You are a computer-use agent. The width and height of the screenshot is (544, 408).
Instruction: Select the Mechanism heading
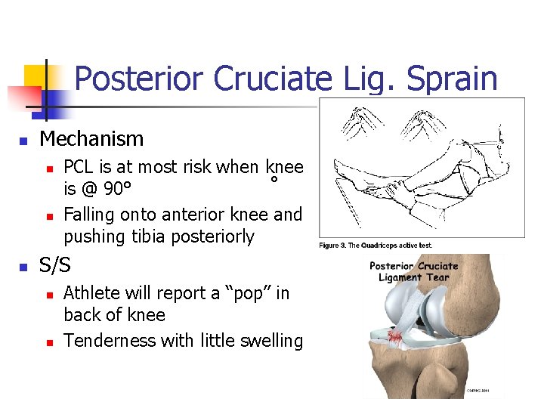pos(91,139)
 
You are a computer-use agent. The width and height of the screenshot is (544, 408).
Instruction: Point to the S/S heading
pos(54,265)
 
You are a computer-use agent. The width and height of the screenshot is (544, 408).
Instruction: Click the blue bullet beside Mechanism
pos(23,141)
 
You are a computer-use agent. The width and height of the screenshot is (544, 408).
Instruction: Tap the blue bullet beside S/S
pos(23,267)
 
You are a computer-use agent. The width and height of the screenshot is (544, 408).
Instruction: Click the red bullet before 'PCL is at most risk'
pos(48,168)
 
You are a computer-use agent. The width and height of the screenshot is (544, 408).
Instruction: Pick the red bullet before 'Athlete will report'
pos(48,295)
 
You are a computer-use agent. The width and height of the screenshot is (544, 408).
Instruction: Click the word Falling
pos(88,215)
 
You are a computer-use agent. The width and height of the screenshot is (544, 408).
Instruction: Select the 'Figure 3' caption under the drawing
pos(376,245)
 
